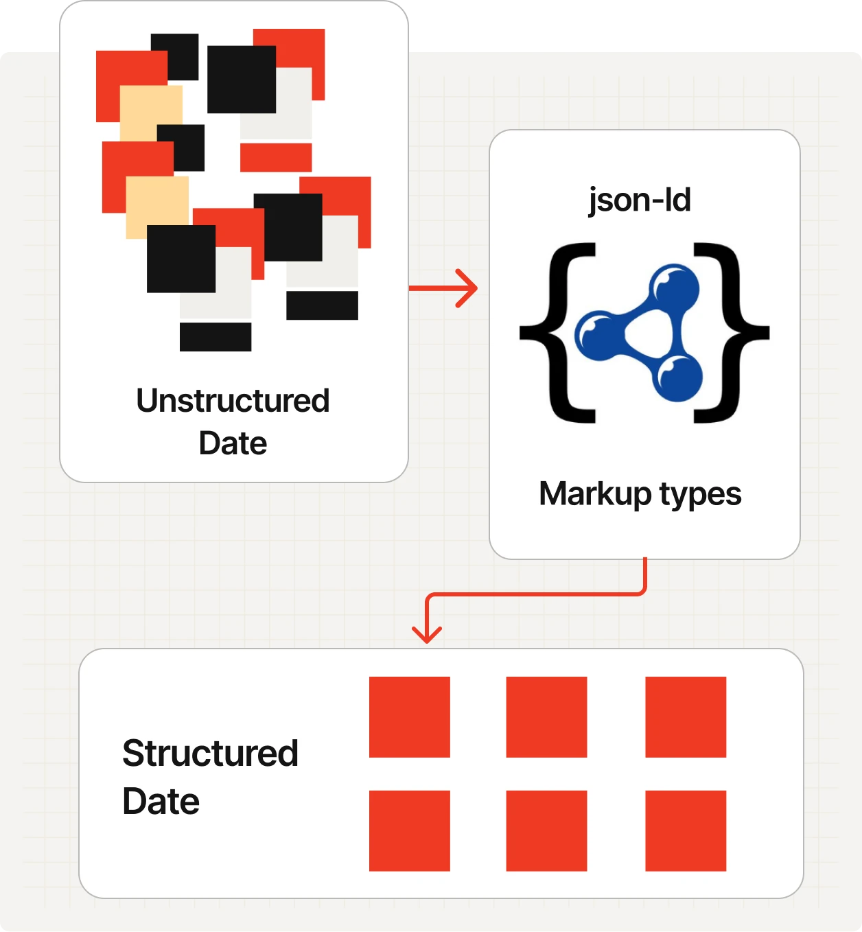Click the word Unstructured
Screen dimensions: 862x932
[233, 401]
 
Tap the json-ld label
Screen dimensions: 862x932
[640, 201]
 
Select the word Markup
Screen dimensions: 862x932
[595, 495]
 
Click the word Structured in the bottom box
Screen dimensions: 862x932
[210, 753]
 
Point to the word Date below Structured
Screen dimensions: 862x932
[161, 801]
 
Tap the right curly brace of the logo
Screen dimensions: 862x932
[730, 333]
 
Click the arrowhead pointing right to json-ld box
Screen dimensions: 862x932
[467, 288]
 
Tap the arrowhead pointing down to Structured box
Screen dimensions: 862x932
[427, 634]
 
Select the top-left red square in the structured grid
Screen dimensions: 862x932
[410, 717]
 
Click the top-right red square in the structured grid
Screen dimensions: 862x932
[686, 717]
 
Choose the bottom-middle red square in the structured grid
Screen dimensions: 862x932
[546, 831]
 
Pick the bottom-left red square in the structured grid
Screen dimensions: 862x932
[410, 831]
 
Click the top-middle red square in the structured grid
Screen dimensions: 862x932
[546, 717]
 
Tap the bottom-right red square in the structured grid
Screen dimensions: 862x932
[686, 831]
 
